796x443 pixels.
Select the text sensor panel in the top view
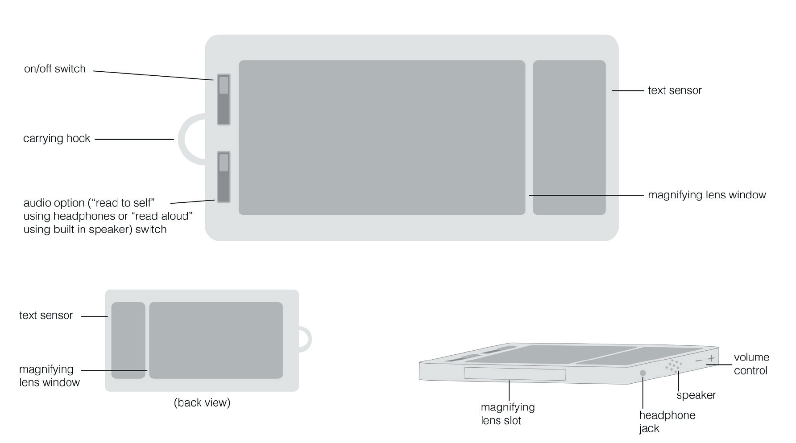[569, 137]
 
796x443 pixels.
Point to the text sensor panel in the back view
[128, 340]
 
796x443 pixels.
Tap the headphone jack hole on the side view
[643, 373]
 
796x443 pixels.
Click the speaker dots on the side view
[674, 365]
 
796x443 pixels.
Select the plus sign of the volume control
[711, 358]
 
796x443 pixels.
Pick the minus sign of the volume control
[699, 360]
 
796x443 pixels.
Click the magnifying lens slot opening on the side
[514, 374]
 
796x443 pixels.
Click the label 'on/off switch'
[54, 69]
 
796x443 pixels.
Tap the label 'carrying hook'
[57, 139]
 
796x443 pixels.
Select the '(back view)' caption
[202, 403]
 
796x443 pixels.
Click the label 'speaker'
[696, 395]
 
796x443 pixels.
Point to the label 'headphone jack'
[667, 422]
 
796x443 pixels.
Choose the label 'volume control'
[751, 364]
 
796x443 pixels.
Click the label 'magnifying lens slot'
[507, 414]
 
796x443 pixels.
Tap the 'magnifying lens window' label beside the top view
[706, 195]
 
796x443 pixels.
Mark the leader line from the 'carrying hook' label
[134, 139]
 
